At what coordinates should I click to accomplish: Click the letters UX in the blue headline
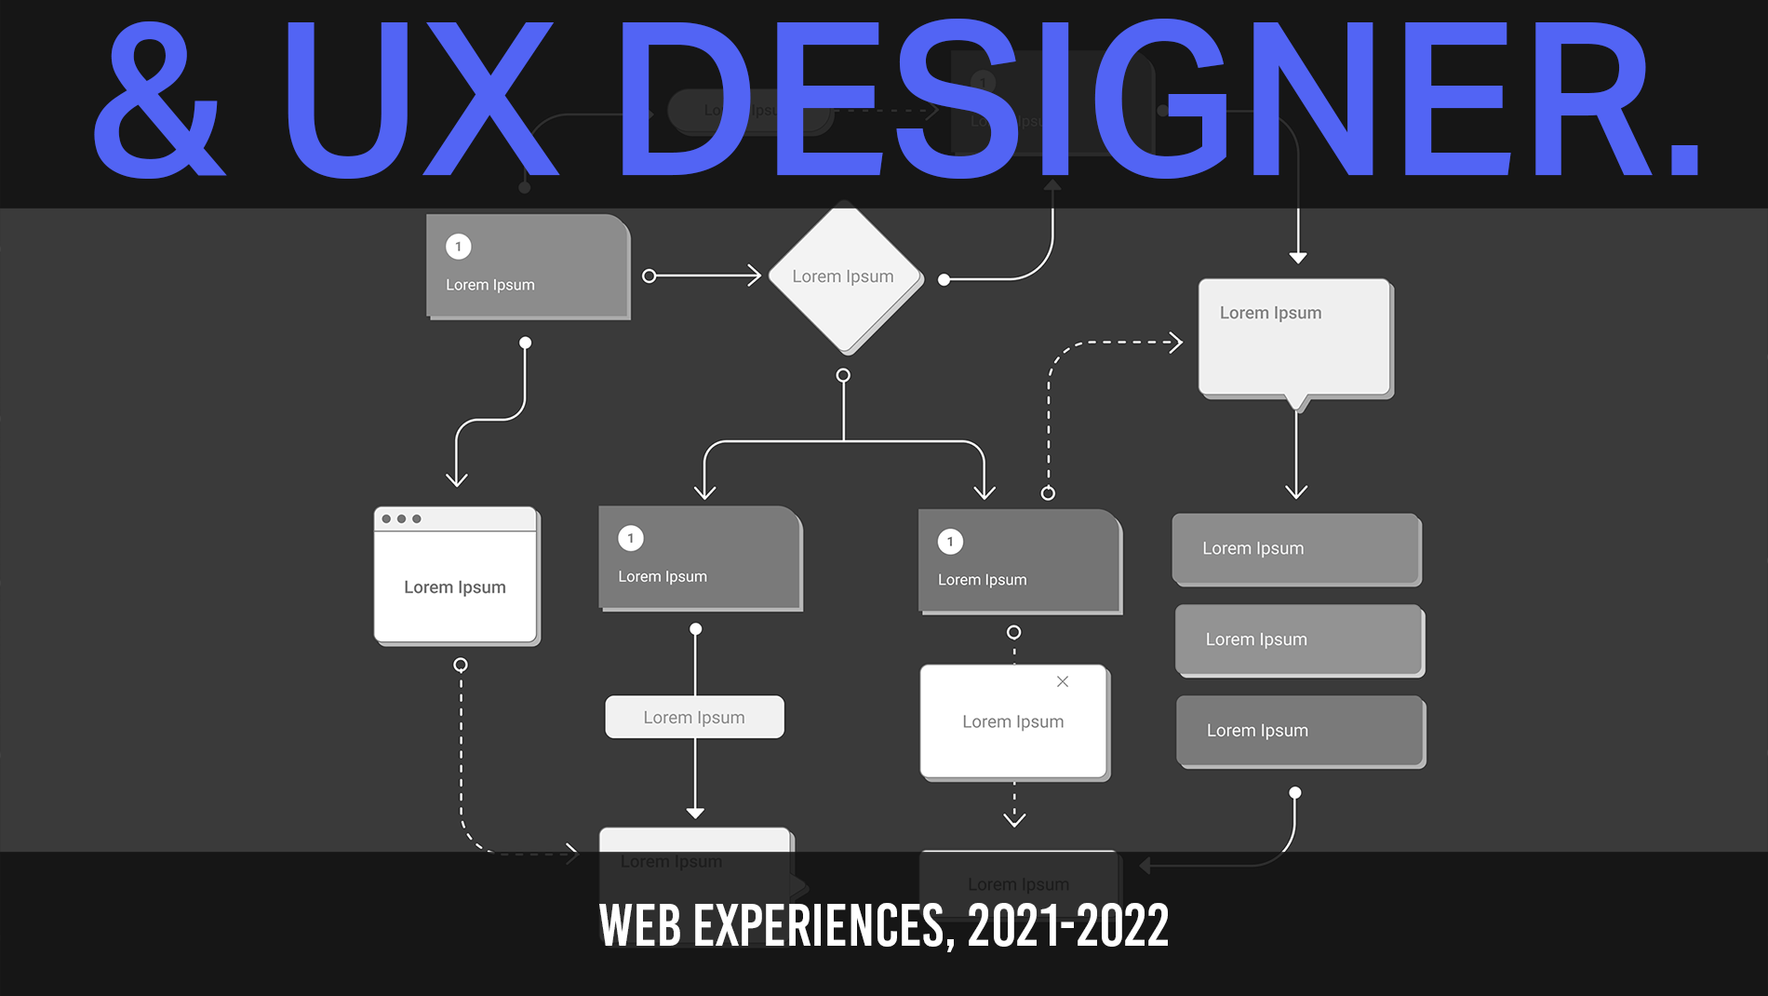419,101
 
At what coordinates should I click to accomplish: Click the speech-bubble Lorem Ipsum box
1294,338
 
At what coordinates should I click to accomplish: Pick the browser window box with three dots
456,575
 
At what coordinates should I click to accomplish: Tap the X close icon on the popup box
1063,681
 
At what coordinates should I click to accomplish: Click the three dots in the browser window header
401,518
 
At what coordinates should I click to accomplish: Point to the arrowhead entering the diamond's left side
755,276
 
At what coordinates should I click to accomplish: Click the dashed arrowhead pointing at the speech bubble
1176,343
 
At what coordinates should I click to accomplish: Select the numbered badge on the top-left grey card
459,247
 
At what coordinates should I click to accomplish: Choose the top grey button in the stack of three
1296,548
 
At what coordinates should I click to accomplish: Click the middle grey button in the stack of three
1299,639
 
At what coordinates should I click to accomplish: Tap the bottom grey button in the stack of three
1300,731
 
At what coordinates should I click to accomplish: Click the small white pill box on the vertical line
694,718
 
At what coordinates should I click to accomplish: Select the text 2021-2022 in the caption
1068,926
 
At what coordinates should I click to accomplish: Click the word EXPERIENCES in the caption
819,926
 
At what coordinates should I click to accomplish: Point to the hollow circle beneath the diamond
843,375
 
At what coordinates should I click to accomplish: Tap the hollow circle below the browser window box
461,665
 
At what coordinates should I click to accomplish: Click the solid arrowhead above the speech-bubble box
1298,257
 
